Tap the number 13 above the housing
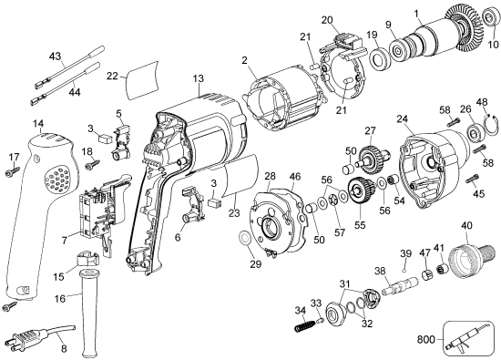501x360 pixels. point(198,79)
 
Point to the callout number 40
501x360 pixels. point(466,226)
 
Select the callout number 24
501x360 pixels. point(401,118)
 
